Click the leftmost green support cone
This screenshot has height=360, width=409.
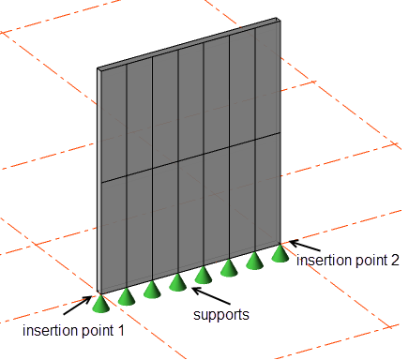pyautogui.click(x=100, y=302)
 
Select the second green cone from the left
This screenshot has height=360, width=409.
pyautogui.click(x=127, y=295)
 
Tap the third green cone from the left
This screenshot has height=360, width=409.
pyautogui.click(x=152, y=289)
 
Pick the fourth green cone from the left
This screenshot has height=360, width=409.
pyautogui.click(x=177, y=282)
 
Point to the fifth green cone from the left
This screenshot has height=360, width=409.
pyautogui.click(x=203, y=276)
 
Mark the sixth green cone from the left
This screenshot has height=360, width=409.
pyautogui.click(x=228, y=269)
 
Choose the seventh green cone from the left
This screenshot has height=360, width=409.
pyautogui.click(x=253, y=262)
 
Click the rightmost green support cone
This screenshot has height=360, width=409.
pyautogui.click(x=280, y=254)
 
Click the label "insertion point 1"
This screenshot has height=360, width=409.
pyautogui.click(x=74, y=330)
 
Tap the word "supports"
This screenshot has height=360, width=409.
pyautogui.click(x=221, y=315)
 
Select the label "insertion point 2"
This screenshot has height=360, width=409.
pyautogui.click(x=346, y=259)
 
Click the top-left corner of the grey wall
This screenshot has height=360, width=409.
pyautogui.click(x=98, y=67)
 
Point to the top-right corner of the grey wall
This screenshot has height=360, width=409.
pyautogui.click(x=280, y=20)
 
